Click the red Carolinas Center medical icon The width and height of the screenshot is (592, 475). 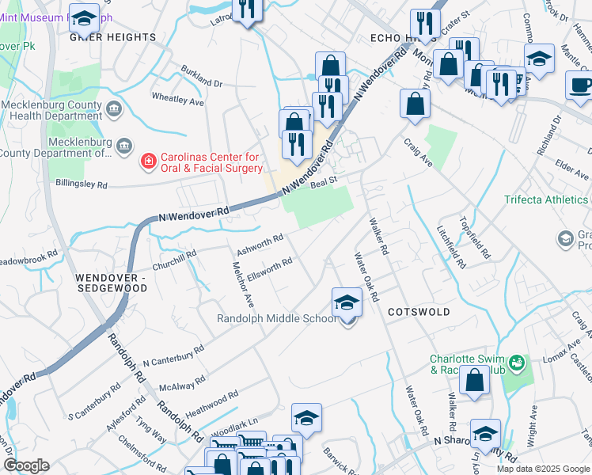pyautogui.click(x=147, y=163)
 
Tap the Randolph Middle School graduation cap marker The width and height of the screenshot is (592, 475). pyautogui.click(x=346, y=303)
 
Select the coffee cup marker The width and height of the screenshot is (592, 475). pyautogui.click(x=580, y=85)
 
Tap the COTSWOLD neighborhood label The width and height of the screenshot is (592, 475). pyautogui.click(x=419, y=312)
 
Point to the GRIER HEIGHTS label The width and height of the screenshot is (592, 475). pyautogui.click(x=113, y=37)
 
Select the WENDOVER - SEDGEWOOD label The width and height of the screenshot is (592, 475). pyautogui.click(x=112, y=283)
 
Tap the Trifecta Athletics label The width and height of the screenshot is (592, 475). pyautogui.click(x=547, y=199)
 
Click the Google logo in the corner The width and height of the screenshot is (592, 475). pyautogui.click(x=26, y=465)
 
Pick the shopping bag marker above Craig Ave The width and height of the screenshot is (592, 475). pyautogui.click(x=415, y=104)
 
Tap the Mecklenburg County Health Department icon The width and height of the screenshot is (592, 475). pyautogui.click(x=113, y=108)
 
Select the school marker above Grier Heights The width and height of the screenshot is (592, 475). pyautogui.click(x=83, y=17)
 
